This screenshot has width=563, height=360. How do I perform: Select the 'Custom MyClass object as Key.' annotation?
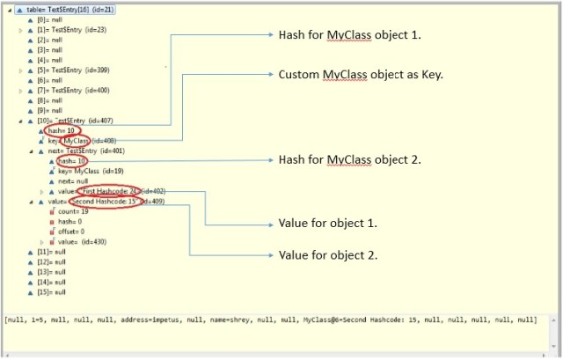click(x=360, y=76)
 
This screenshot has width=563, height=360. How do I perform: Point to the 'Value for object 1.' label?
click(x=328, y=224)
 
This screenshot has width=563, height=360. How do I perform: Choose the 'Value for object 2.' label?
click(x=328, y=255)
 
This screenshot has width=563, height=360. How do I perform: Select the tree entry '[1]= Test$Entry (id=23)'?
click(x=67, y=30)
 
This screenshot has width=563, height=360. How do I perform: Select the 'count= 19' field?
click(x=73, y=211)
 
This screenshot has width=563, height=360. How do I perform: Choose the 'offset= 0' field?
click(x=74, y=231)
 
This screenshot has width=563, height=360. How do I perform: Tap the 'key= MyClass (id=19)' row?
click(x=94, y=171)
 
